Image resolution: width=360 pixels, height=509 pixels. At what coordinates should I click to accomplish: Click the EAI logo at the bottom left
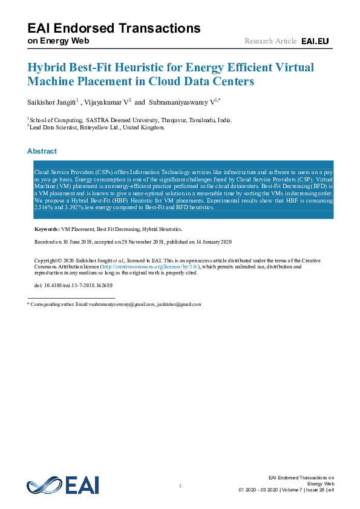point(62,485)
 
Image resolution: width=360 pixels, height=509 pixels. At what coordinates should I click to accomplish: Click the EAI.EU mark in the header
point(315,41)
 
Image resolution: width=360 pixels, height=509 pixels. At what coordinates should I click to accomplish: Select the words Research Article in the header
point(270,41)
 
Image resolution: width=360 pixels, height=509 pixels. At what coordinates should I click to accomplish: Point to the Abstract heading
point(42,151)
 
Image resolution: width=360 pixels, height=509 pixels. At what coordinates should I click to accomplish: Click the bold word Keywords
point(46,230)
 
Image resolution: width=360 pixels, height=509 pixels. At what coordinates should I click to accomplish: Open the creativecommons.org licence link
point(149,267)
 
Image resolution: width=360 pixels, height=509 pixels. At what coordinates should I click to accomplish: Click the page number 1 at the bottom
point(180,487)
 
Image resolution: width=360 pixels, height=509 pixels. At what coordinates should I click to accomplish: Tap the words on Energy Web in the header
point(58,41)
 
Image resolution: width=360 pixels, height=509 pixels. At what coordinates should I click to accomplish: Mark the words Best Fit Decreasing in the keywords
point(118,230)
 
